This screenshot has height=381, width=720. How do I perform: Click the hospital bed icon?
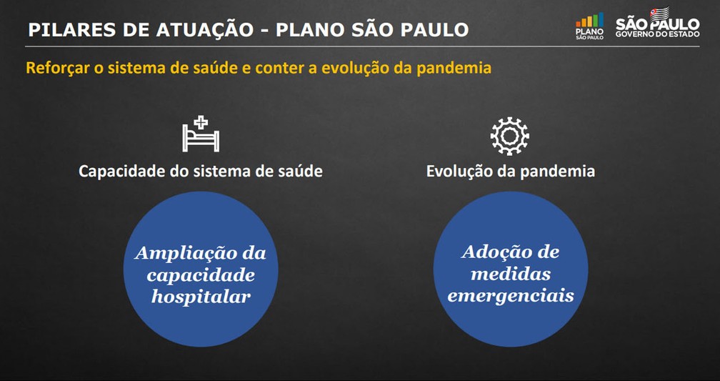pyautogui.click(x=201, y=134)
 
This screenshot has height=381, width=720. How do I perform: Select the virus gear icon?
pyautogui.click(x=510, y=136)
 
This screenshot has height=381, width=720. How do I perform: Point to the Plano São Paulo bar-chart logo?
pyautogui.click(x=590, y=26)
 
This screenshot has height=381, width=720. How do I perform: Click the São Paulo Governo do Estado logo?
pyautogui.click(x=658, y=22)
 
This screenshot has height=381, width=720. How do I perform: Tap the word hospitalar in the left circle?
pyautogui.click(x=201, y=297)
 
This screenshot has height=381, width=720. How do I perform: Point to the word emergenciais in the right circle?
pyautogui.click(x=511, y=295)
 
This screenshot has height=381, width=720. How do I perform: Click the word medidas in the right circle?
pyautogui.click(x=511, y=274)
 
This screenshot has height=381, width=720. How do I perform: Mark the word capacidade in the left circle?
pyautogui.click(x=201, y=274)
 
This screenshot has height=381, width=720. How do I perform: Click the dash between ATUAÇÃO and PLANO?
pyautogui.click(x=265, y=31)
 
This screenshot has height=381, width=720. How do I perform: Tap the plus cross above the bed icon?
pyautogui.click(x=201, y=123)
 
